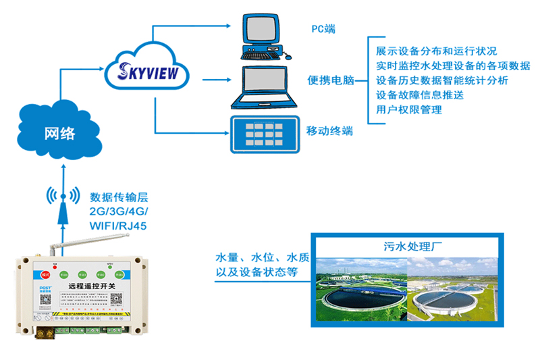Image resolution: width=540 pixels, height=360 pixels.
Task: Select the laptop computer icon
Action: click(x=265, y=87)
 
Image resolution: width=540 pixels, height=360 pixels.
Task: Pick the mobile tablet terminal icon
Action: click(x=264, y=134)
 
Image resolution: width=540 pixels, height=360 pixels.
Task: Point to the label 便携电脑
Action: click(x=331, y=80)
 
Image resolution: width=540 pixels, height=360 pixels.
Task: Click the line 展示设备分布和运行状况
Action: click(x=436, y=51)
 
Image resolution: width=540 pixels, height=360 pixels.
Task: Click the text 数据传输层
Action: click(x=119, y=197)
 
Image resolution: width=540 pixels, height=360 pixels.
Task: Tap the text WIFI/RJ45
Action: click(x=118, y=226)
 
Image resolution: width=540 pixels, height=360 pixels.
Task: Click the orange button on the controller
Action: click(x=45, y=274)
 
